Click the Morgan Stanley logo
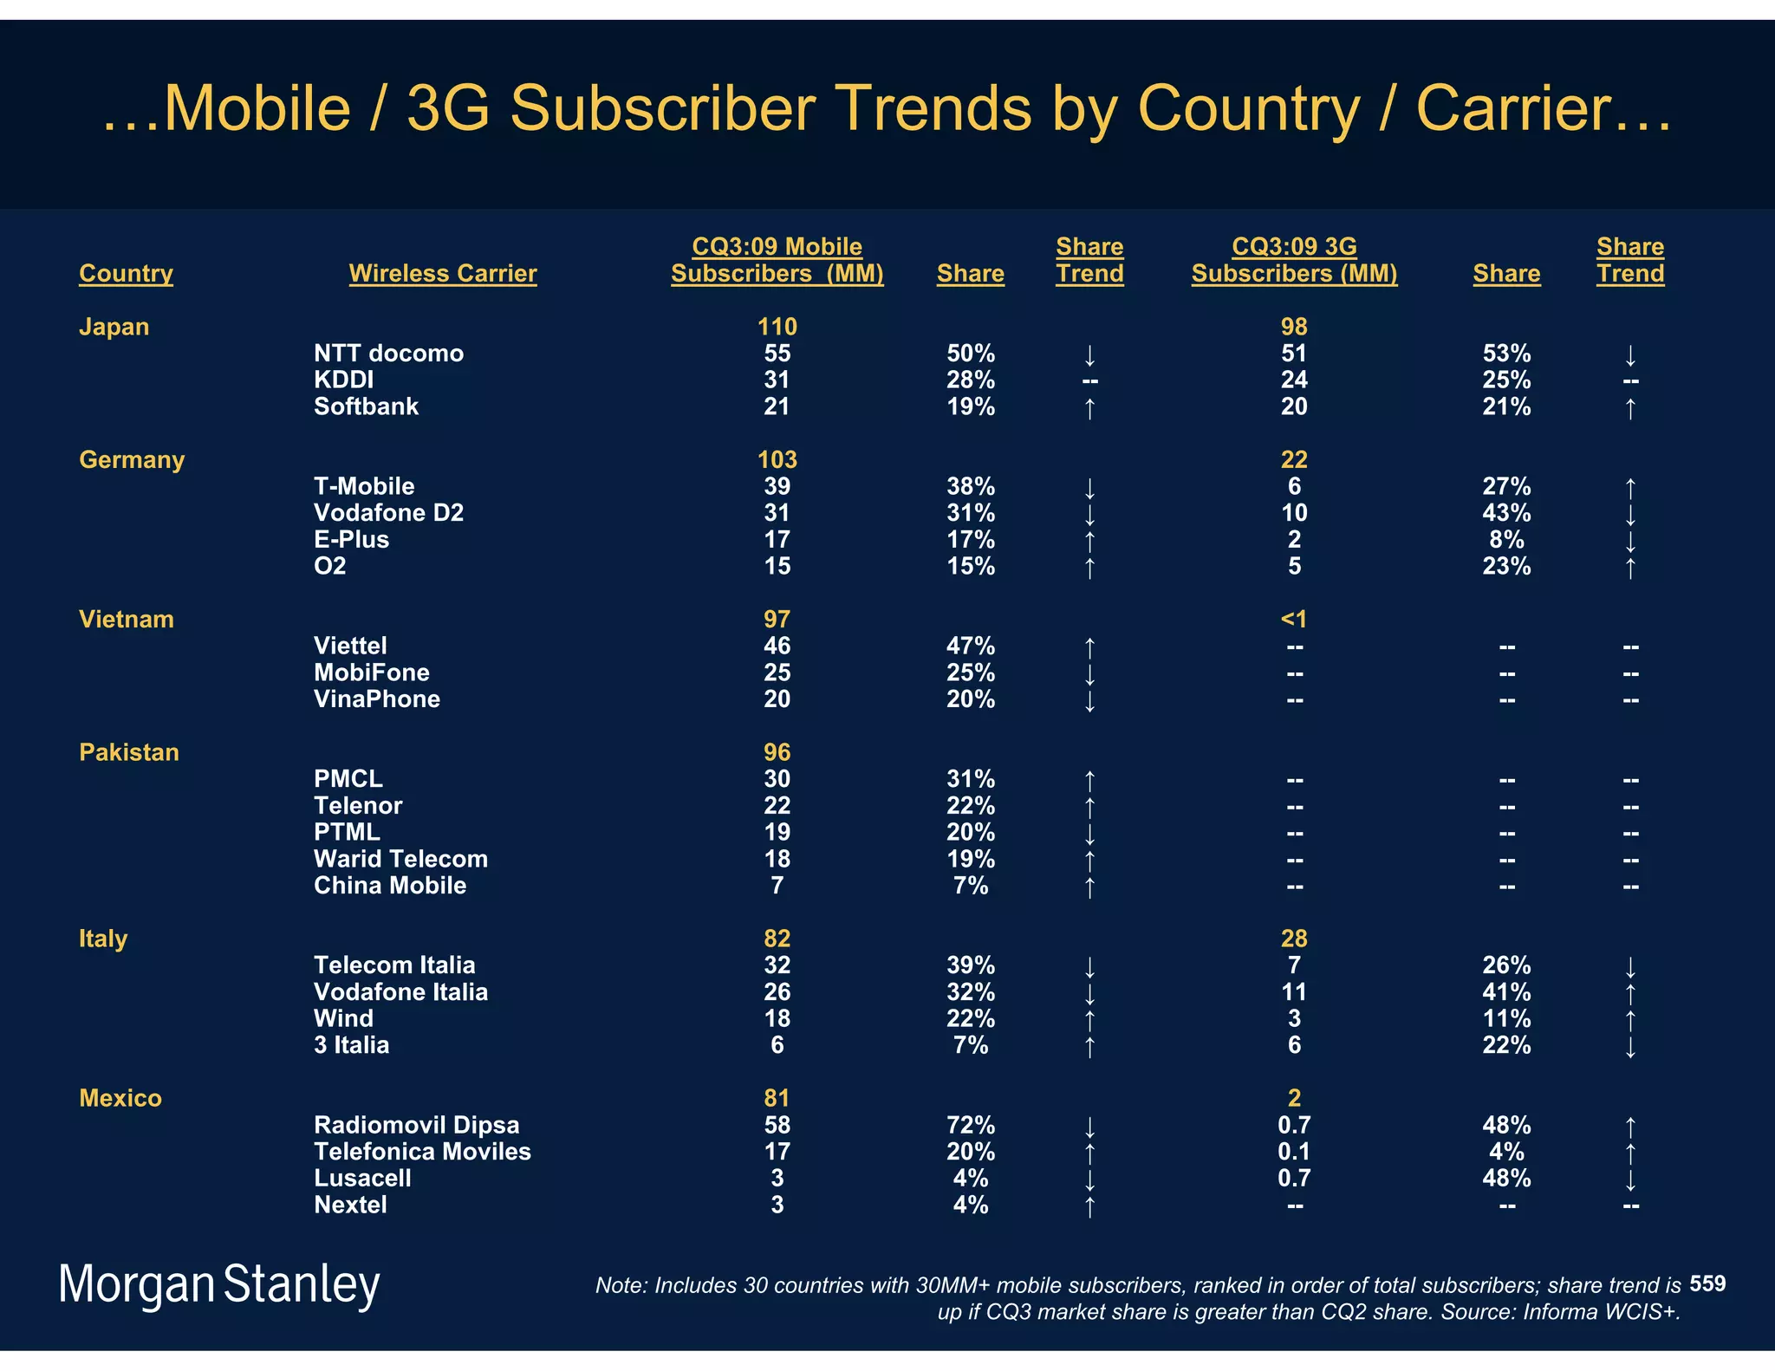pyautogui.click(x=219, y=1284)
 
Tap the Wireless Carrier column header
pyautogui.click(x=442, y=273)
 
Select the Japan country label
pyautogui.click(x=114, y=327)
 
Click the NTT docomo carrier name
pyautogui.click(x=388, y=354)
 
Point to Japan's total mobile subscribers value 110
pyautogui.click(x=777, y=327)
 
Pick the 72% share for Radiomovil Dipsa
pyautogui.click(x=970, y=1125)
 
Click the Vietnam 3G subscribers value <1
pyautogui.click(x=1293, y=620)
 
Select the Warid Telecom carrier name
pyautogui.click(x=400, y=859)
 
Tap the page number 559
pyautogui.click(x=1707, y=1283)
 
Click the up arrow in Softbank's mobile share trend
pyautogui.click(x=1089, y=407)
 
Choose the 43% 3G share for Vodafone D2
pyautogui.click(x=1506, y=513)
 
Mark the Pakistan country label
pyautogui.click(x=128, y=752)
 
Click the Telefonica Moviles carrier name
pyautogui.click(x=422, y=1152)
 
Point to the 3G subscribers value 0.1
pyautogui.click(x=1293, y=1152)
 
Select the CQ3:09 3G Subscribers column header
pyautogui.click(x=1294, y=260)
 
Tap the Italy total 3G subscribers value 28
pyautogui.click(x=1293, y=939)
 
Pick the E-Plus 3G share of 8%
pyautogui.click(x=1506, y=540)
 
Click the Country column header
pyautogui.click(x=126, y=273)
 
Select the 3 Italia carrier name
pyautogui.click(x=351, y=1045)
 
